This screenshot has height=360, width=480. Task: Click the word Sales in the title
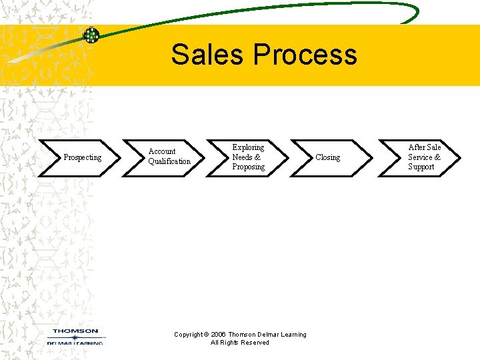point(206,55)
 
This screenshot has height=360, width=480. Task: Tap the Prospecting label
point(82,157)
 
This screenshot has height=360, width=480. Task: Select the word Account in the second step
point(162,151)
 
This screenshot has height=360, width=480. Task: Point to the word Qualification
point(169,161)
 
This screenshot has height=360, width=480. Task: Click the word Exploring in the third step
point(248,147)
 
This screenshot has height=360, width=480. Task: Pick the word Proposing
point(248,167)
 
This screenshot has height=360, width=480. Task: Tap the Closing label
point(327,157)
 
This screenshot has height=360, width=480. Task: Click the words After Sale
point(425,147)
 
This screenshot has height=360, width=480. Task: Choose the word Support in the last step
point(421,167)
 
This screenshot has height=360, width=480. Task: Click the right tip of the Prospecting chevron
point(120,158)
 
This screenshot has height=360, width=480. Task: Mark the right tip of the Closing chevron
point(372,158)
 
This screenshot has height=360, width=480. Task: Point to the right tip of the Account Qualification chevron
point(204,158)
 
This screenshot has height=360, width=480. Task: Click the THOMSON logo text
point(75,331)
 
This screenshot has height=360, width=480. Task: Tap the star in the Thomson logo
point(75,338)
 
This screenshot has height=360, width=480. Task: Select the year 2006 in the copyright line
point(219,335)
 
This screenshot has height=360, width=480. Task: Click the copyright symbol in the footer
point(207,335)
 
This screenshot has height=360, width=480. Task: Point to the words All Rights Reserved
point(240,343)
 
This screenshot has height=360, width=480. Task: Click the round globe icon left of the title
point(91,35)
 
